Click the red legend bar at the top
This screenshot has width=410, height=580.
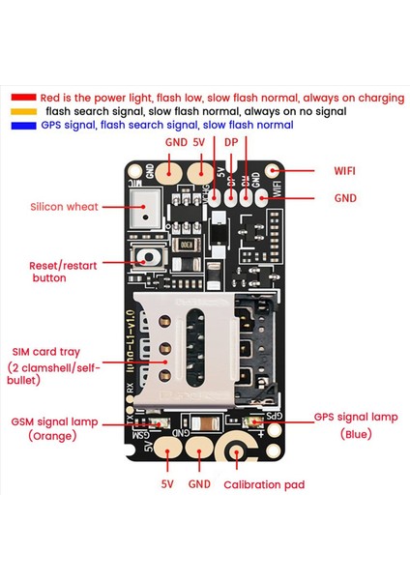coord(24,98)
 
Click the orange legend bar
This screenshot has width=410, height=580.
coord(24,111)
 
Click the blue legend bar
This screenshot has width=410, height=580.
coord(24,125)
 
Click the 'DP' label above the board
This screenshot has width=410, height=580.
coord(230,141)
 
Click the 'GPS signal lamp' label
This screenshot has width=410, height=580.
coord(355,418)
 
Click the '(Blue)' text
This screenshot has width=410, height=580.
coord(355,435)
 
